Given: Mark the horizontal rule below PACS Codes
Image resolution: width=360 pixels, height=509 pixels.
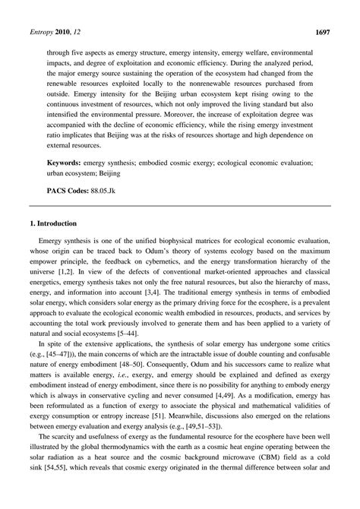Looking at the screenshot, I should tap(179, 206).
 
